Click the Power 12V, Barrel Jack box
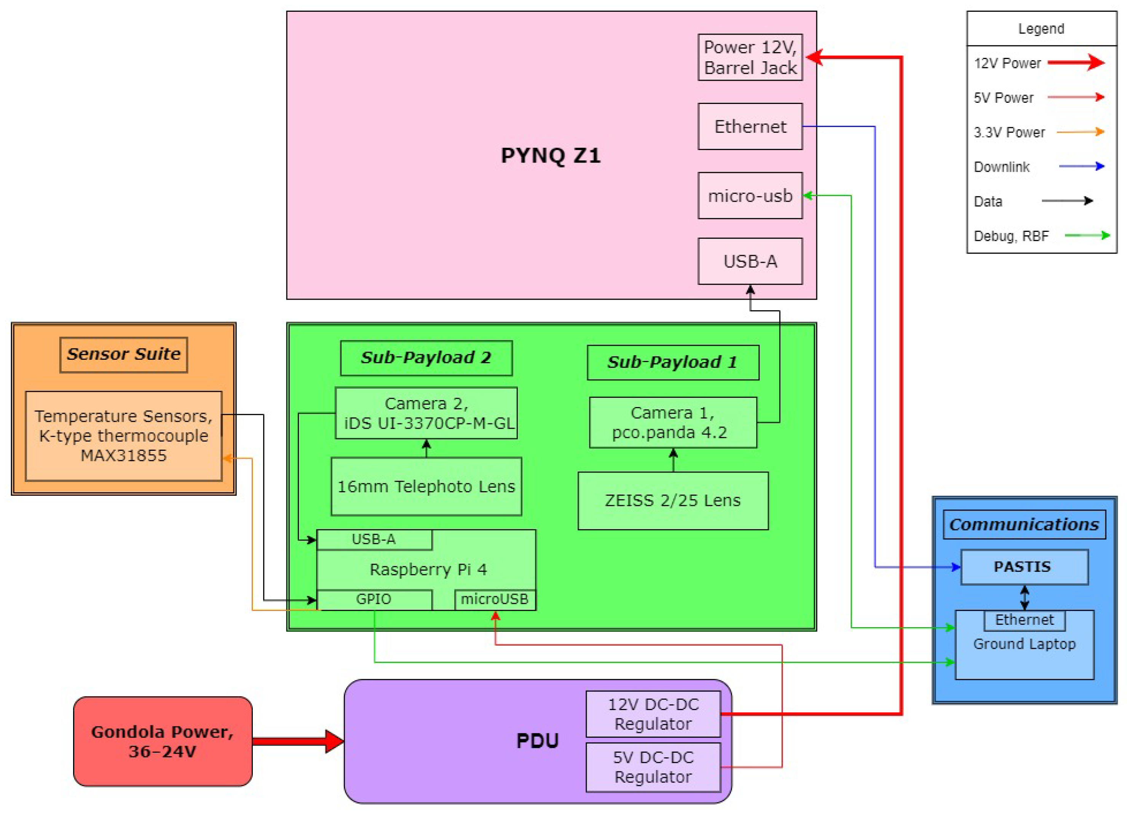tap(750, 57)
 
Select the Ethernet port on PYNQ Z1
tap(750, 126)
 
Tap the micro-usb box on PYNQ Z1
tap(750, 195)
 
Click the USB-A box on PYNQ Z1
tap(750, 261)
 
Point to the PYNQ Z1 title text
tap(551, 156)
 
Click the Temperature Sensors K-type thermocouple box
tap(123, 436)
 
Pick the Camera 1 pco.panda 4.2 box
tap(673, 422)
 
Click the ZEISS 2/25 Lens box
tap(673, 500)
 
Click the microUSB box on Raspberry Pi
tap(495, 600)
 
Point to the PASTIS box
tap(1024, 567)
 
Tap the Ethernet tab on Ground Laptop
tap(1024, 620)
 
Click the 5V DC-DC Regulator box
tap(653, 767)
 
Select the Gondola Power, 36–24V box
tap(163, 741)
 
